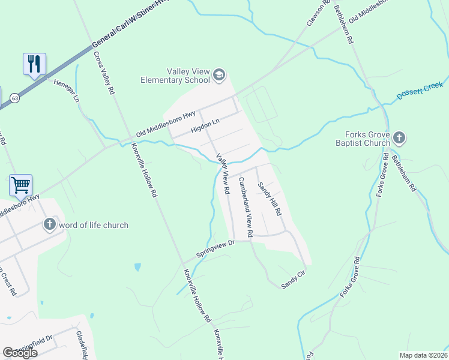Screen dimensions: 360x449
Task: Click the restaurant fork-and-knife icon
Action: [x=34, y=64]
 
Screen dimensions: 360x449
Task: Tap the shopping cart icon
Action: [x=20, y=185]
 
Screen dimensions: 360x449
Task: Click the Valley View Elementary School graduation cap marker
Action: [x=218, y=74]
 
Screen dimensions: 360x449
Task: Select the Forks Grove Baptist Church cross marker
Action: [x=400, y=139]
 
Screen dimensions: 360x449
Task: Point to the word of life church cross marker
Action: [x=50, y=225]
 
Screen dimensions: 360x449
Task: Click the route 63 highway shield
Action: [x=14, y=97]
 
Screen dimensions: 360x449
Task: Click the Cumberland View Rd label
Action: [x=245, y=206]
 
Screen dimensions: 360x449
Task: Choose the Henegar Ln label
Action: [x=66, y=91]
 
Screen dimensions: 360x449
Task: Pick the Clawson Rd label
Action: [x=319, y=13]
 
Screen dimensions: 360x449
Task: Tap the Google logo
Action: [x=20, y=353]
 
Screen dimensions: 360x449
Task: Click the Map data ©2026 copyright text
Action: [x=423, y=355]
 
